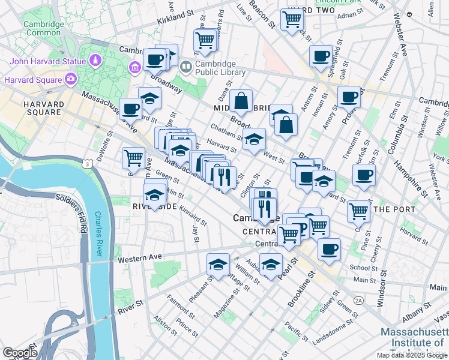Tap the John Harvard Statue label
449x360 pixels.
coord(47,61)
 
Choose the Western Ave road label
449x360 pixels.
coord(140,259)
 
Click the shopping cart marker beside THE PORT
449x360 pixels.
coord(358,210)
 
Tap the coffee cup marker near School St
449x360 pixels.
coord(328,248)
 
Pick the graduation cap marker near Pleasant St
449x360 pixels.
coord(217,263)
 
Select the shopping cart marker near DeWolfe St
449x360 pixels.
coord(133,158)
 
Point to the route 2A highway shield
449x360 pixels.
coord(359,299)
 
